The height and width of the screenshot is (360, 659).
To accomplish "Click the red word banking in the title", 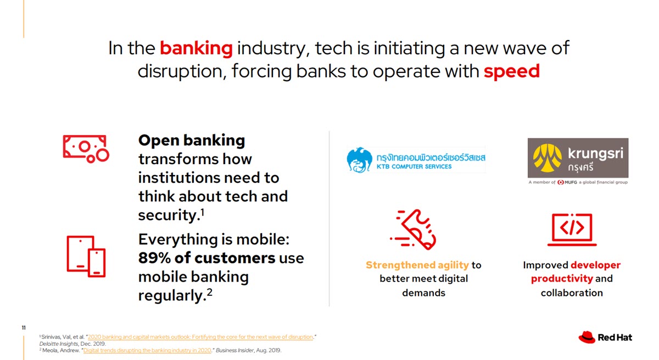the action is [196, 48].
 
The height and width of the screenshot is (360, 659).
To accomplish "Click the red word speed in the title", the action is [512, 71].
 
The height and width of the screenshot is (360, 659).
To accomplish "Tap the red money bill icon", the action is [86, 149].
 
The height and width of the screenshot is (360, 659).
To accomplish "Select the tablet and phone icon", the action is [86, 257].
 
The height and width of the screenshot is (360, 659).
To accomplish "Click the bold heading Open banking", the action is [192, 140].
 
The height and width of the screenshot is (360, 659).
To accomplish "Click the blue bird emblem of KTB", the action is [359, 160].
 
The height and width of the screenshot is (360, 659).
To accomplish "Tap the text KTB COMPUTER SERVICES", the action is [414, 167].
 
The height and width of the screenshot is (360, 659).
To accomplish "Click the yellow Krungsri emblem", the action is [547, 158].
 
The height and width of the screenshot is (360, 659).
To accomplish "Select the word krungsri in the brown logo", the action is [595, 154].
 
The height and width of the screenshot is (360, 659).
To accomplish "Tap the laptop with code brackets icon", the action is [572, 229].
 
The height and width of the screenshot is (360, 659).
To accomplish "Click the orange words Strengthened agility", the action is [417, 265].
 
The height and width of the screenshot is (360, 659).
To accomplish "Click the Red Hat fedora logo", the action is [587, 337].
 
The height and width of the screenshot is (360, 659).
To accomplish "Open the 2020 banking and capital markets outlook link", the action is [200, 337].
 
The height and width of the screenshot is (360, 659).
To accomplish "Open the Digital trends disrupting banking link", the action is [147, 350].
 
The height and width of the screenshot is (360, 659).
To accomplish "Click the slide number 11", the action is [24, 328].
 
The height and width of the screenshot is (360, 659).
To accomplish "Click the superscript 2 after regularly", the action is [209, 292].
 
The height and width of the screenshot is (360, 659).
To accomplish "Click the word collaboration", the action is [572, 293].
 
